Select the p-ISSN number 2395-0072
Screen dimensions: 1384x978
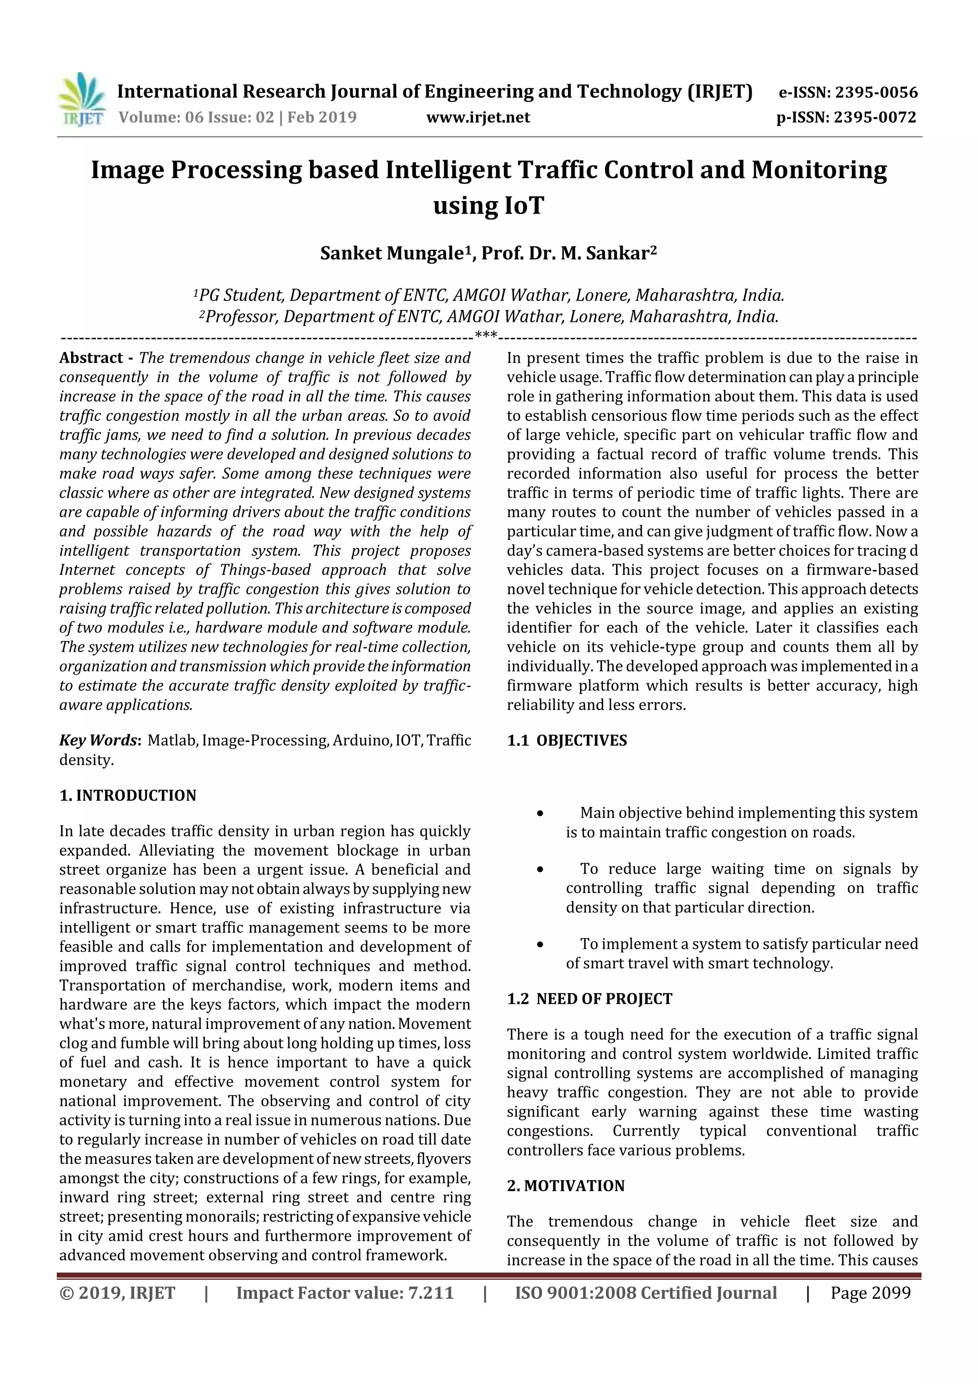pos(874,118)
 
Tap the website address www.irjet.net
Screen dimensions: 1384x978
pos(478,118)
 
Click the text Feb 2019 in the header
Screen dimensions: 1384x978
pos(322,118)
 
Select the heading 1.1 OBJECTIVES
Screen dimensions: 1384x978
pos(566,740)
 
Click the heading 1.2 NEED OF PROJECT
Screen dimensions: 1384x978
pos(589,999)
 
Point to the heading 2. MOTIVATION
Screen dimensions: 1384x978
pos(565,1186)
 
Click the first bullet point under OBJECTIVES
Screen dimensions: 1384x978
pos(541,814)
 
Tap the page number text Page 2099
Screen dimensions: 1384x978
pos(870,1293)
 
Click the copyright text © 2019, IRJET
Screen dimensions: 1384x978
pos(117,1293)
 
